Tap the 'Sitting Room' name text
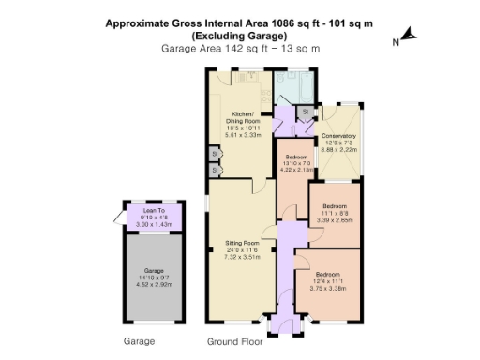pos(241,243)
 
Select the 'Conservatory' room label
pos(338,136)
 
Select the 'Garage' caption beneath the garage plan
pos(139,342)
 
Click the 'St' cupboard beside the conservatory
pos(305,112)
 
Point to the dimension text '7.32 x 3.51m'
pos(241,257)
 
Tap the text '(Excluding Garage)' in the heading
pos(239,35)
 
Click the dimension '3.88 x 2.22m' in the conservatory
pos(338,150)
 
